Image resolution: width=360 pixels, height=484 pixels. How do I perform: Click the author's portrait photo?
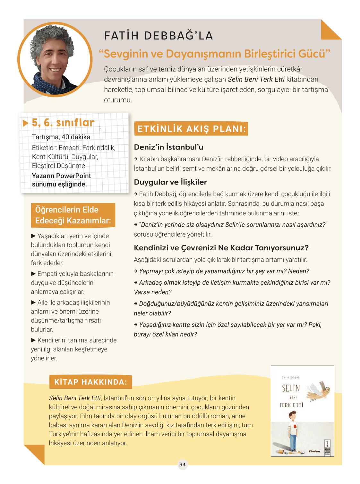(x=55, y=60)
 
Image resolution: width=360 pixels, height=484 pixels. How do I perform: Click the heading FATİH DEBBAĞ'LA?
(x=159, y=36)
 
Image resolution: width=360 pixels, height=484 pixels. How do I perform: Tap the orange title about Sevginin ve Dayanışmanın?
(x=214, y=54)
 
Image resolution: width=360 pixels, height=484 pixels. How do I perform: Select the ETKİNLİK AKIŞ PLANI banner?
(x=191, y=129)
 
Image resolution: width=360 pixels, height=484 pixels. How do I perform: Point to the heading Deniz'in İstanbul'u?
(x=168, y=147)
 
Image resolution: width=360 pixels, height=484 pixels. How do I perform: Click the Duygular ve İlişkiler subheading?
(x=170, y=182)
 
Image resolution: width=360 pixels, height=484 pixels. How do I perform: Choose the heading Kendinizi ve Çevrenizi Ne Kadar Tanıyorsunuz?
(x=221, y=248)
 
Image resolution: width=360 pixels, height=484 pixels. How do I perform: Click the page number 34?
(x=182, y=464)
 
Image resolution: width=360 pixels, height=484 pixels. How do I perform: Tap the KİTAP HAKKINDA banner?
(x=90, y=382)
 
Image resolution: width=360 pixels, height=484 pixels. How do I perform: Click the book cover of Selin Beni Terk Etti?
(x=302, y=411)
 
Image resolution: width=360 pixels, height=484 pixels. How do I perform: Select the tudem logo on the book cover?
(x=314, y=451)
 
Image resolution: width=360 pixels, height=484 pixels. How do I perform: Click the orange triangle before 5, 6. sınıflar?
(x=26, y=123)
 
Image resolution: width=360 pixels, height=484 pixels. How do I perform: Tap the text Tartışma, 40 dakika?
(x=61, y=137)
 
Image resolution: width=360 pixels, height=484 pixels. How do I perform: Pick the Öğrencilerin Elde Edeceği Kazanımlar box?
(x=73, y=215)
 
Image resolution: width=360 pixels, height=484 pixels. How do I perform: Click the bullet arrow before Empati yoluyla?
(x=33, y=273)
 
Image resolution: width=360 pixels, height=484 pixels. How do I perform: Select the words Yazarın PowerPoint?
(x=61, y=176)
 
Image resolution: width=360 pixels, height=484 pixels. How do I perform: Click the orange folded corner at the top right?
(x=330, y=30)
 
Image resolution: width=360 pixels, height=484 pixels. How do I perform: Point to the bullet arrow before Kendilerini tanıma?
(x=33, y=340)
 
